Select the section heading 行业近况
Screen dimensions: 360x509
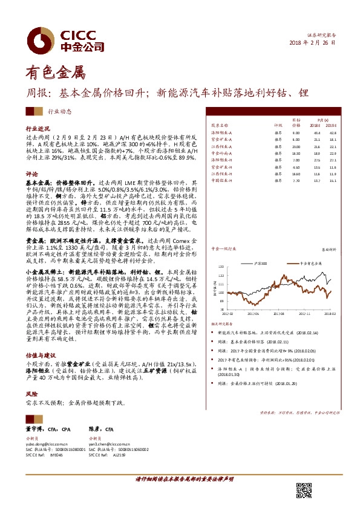37,129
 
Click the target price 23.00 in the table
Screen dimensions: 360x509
296,146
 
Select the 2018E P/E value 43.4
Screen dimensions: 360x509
316,132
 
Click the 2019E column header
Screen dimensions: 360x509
332,126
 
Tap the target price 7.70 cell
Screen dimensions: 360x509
296,180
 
